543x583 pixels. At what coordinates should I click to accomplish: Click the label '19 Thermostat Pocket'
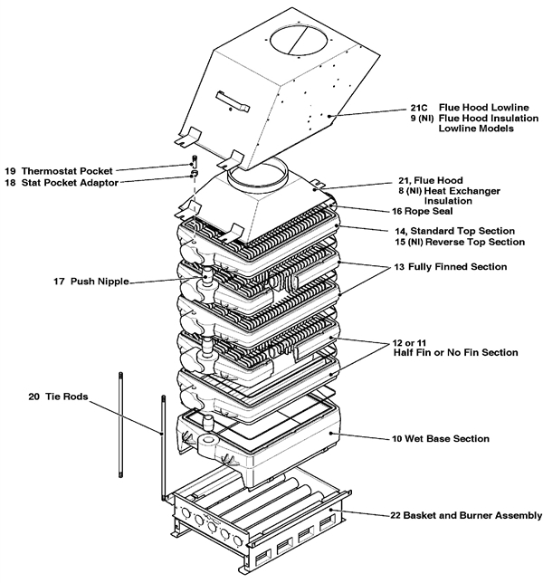59,170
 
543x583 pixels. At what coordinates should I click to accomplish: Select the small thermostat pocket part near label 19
194,164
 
